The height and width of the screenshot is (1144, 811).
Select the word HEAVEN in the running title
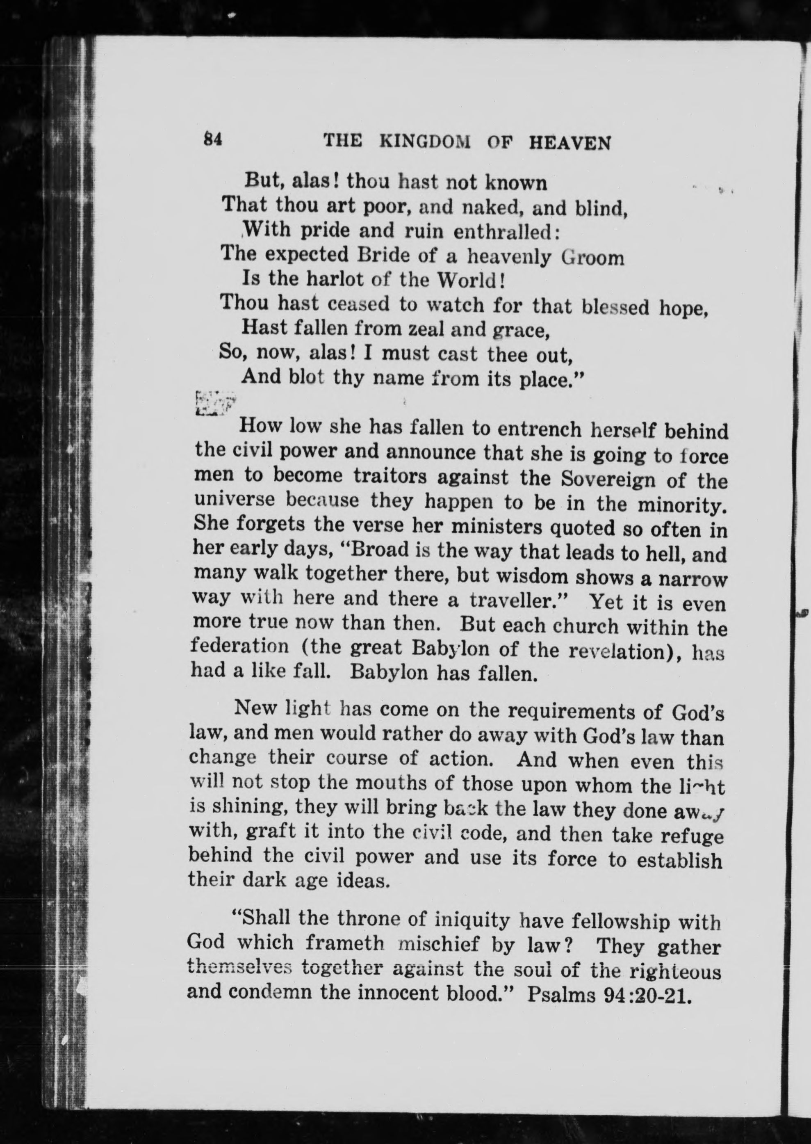(x=569, y=144)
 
